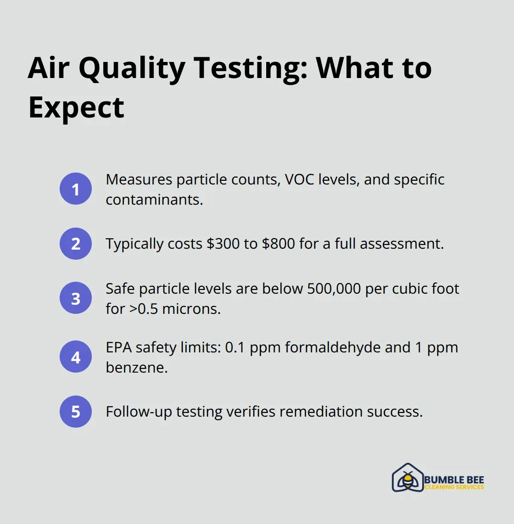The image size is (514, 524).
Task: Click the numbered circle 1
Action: tap(76, 189)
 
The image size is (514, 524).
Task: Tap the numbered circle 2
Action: tap(76, 244)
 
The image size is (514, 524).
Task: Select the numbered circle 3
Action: tap(76, 298)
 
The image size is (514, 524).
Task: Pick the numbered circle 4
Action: tap(76, 357)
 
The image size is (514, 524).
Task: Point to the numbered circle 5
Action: tap(76, 412)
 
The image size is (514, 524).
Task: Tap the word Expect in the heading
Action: tap(76, 108)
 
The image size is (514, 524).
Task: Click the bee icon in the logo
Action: tap(407, 479)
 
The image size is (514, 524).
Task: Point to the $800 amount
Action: tap(279, 244)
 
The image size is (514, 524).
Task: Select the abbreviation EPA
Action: tap(119, 347)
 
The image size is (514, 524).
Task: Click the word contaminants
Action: tap(154, 200)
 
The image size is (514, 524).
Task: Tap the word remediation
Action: tap(315, 412)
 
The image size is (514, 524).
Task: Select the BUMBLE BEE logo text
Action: tap(454, 480)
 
